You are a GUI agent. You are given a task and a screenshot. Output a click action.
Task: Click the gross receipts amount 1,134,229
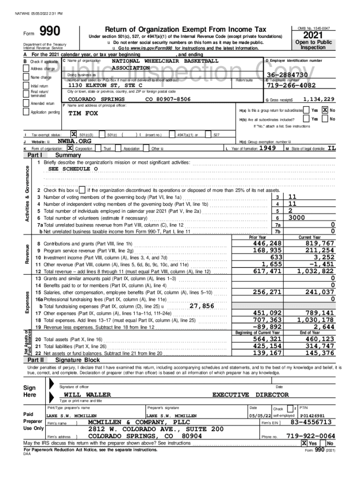(318, 99)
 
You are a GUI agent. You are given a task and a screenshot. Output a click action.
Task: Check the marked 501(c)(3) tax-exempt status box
(73, 134)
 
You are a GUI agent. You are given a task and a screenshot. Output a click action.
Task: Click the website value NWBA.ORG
(74, 141)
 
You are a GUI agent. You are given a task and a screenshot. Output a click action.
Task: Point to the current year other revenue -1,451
(322, 264)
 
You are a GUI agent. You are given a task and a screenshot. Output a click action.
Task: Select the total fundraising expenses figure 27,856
(202, 306)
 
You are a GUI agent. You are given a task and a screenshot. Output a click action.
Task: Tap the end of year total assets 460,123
(319, 339)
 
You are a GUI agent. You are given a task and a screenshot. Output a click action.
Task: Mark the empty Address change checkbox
(27, 69)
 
